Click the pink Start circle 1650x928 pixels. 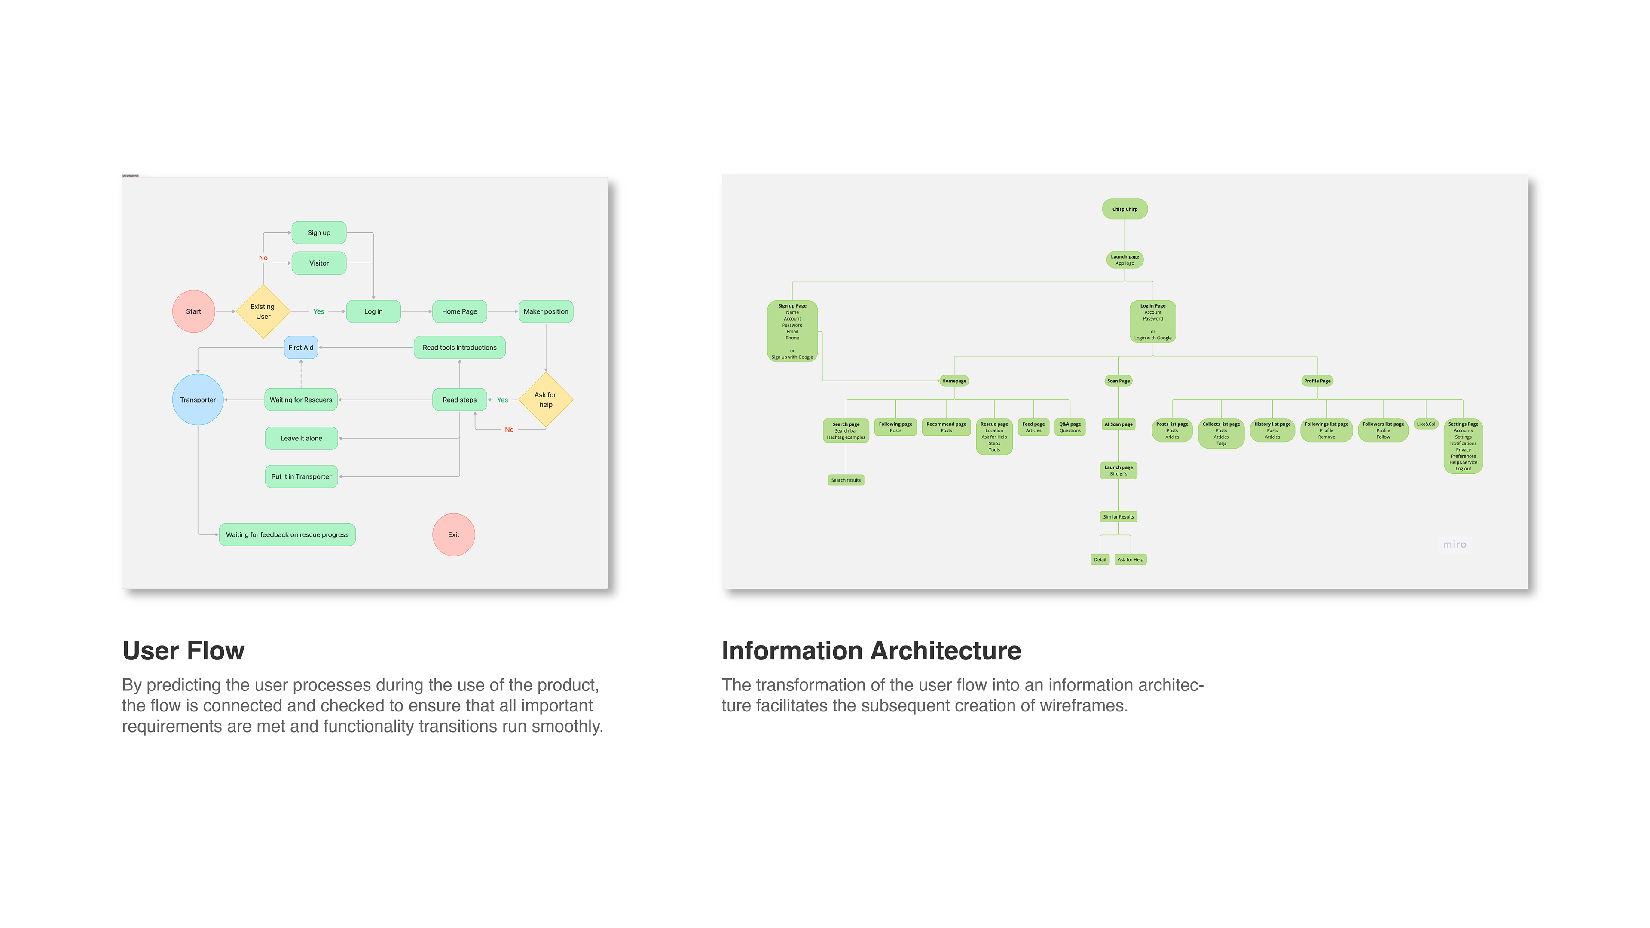193,311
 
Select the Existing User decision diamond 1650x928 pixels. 263,311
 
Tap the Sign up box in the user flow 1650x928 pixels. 319,232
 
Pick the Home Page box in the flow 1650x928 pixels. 459,311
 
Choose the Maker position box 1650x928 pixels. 546,311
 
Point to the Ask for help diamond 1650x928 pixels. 545,400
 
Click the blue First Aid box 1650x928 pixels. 301,347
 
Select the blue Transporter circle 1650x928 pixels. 198,400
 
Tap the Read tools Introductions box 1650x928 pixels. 459,347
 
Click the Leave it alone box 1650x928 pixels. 301,438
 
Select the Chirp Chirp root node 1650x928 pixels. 1125,209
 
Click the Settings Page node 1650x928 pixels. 1463,446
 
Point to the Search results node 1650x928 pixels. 846,480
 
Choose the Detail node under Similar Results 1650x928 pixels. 1100,559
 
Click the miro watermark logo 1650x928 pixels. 1454,544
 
